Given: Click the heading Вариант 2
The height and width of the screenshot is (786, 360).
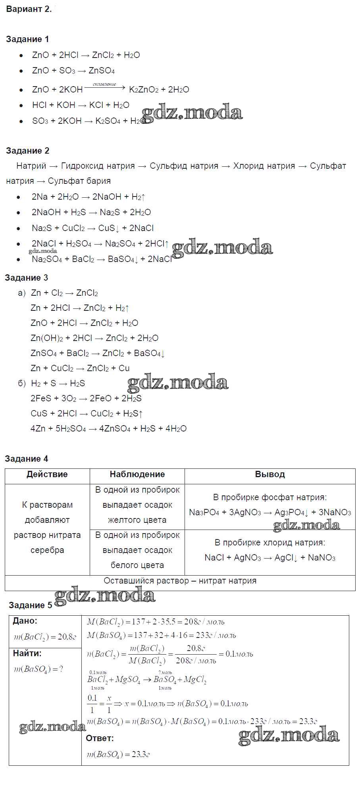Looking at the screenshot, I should point(29,10).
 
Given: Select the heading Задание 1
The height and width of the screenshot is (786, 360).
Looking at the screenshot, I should point(27,39).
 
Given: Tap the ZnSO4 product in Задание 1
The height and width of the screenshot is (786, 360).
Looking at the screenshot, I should point(102,71).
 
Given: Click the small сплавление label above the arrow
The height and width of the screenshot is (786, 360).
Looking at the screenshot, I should point(104,84).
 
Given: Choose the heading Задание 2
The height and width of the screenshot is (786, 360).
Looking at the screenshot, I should point(28,151).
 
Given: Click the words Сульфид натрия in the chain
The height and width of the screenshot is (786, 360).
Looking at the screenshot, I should point(184,166).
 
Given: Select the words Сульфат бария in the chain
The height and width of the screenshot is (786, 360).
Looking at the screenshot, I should point(79,181).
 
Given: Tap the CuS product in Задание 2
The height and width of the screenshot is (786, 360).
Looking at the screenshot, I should point(106,228).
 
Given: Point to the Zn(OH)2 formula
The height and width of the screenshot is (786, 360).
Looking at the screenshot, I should point(47,338).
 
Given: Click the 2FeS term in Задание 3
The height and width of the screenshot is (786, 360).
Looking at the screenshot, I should point(41,399).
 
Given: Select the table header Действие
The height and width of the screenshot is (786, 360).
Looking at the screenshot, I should point(47,474).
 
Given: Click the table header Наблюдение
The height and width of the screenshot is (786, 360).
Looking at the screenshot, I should point(137,474).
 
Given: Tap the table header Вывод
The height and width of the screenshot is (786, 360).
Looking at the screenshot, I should point(270,474).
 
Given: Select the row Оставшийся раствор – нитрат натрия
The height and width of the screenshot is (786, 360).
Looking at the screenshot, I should point(180,581).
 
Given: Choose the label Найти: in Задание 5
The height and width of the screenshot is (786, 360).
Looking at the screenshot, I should point(27,653).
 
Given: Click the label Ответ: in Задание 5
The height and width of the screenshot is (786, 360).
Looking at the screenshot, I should point(100,738).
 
